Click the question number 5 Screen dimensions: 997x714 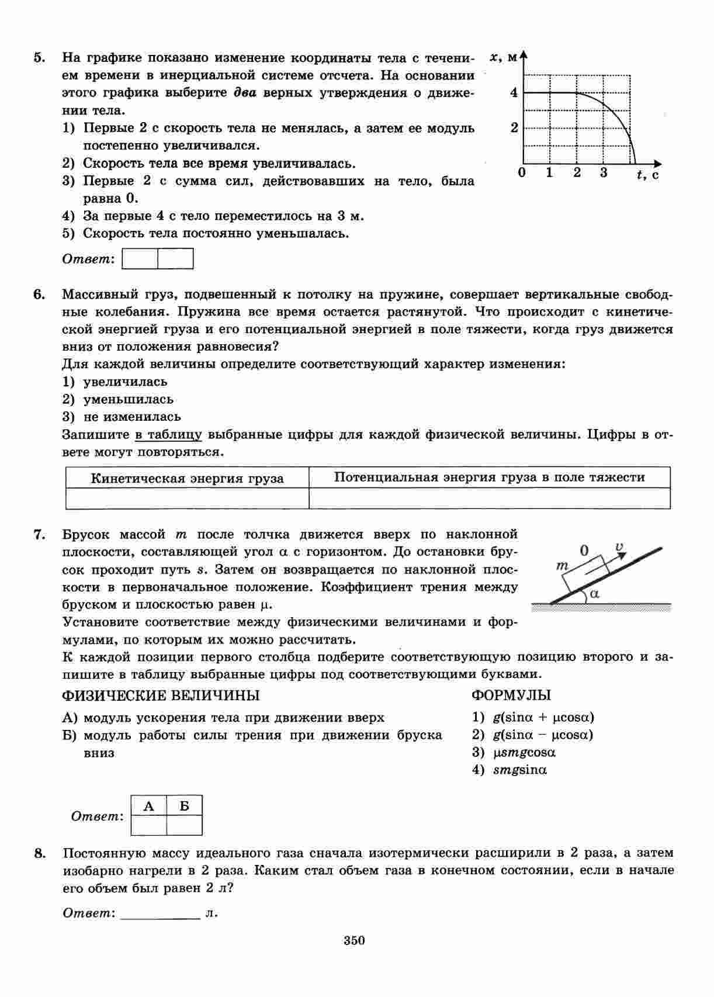(39, 57)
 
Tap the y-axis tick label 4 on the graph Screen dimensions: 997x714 (514, 92)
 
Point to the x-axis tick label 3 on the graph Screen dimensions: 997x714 (604, 172)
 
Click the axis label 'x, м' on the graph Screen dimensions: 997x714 (504, 57)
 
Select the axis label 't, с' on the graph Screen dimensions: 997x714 (647, 174)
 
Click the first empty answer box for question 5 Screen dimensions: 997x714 (140, 259)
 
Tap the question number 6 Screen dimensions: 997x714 (39, 294)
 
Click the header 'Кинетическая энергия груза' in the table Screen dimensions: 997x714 (187, 479)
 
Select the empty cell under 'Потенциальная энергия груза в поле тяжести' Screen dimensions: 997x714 (489, 498)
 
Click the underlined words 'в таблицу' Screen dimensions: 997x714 (168, 435)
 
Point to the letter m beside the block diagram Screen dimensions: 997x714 (562, 566)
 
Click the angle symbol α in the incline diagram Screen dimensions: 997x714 (595, 594)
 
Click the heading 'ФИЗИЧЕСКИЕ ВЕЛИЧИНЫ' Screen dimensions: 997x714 (161, 695)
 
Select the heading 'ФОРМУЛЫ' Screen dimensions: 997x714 (511, 695)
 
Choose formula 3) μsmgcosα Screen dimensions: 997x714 (514, 752)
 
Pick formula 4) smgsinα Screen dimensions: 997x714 (509, 770)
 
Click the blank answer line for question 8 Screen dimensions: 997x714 (160, 913)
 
